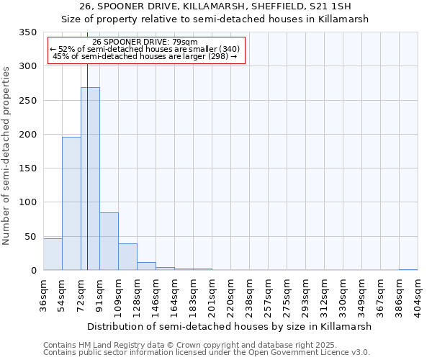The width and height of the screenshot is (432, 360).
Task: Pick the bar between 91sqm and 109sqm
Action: [x=109, y=241]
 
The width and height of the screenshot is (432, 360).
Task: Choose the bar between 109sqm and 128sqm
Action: [x=127, y=257]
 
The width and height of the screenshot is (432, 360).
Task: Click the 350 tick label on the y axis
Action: [x=27, y=32]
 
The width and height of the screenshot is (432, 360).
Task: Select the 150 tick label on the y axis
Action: [x=27, y=168]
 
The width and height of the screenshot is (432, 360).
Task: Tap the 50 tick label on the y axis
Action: [x=30, y=236]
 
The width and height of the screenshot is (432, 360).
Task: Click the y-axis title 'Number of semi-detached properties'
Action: [x=6, y=155]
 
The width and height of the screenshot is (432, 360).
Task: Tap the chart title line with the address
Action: [x=216, y=6]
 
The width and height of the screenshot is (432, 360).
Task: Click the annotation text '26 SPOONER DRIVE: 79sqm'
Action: [x=145, y=42]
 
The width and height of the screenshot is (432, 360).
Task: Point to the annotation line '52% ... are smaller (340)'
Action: [x=145, y=49]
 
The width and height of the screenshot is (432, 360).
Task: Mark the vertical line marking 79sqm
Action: [x=87, y=144]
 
